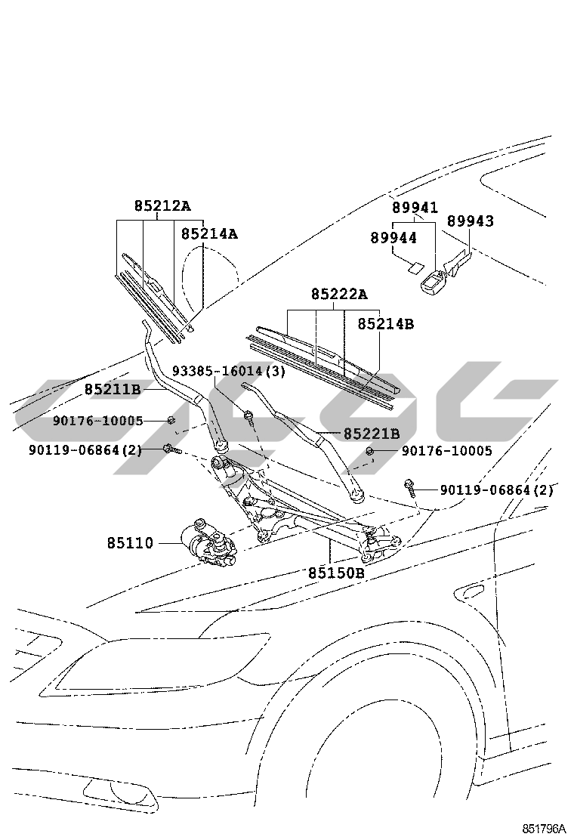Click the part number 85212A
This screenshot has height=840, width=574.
click(x=162, y=205)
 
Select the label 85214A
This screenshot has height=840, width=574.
click(x=209, y=233)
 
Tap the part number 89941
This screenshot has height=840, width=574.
click(x=415, y=207)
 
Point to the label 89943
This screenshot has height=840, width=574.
click(x=471, y=221)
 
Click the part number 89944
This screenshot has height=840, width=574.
click(x=393, y=237)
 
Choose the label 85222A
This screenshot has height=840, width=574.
click(x=339, y=294)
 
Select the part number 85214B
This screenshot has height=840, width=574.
click(x=385, y=323)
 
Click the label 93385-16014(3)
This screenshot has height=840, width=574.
click(x=229, y=371)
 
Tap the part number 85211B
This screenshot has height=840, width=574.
click(x=113, y=390)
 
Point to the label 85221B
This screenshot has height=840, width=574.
click(x=372, y=434)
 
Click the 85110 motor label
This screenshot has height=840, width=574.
click(x=130, y=543)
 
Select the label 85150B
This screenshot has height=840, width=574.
click(x=336, y=573)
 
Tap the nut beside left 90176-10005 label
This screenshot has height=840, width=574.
click(x=171, y=419)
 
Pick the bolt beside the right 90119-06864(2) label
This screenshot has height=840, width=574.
click(x=410, y=487)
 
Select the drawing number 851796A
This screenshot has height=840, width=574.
click(x=544, y=828)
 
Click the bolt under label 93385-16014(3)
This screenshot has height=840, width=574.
click(x=249, y=416)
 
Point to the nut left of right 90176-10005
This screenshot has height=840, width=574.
click(x=369, y=451)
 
